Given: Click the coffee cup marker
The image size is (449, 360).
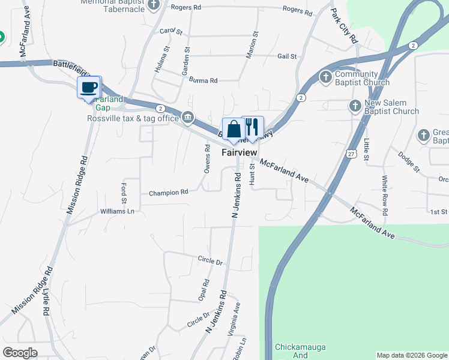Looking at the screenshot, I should coord(89,88).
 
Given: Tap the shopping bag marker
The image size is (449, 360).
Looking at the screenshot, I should coord(234,128).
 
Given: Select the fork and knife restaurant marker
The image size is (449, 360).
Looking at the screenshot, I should coord(252,127).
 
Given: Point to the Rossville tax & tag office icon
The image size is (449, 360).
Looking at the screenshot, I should coord(188,116).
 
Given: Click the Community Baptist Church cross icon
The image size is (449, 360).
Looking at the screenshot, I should coord(325,76).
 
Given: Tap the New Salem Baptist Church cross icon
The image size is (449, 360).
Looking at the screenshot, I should coord(355,106).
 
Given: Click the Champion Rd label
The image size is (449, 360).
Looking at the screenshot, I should coord(169,193).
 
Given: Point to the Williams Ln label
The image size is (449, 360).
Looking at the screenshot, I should coord(117,211).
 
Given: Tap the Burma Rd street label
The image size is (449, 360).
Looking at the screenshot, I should coord(203,80).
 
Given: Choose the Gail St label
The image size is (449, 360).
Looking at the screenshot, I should coord(287,56).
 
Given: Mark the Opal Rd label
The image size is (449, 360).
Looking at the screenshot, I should coord(205,290).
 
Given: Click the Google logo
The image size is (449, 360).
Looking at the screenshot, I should coord(20,353).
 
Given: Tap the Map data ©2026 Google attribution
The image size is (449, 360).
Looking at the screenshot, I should coord(411,355).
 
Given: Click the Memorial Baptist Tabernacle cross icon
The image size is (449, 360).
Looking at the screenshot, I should coord(154,5).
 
